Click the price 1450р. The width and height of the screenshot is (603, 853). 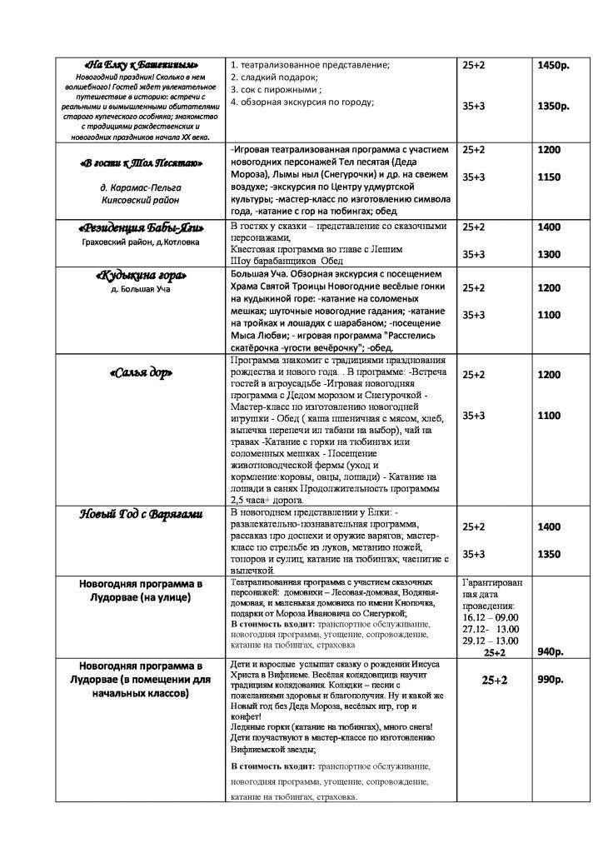click(554, 65)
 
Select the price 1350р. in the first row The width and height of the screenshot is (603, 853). click(554, 107)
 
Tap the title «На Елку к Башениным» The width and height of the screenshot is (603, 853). click(142, 65)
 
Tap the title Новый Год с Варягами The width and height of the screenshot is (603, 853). click(141, 514)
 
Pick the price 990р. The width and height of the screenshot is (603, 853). click(551, 681)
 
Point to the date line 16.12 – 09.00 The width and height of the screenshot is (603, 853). click(494, 617)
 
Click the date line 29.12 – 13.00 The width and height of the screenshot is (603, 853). click(494, 641)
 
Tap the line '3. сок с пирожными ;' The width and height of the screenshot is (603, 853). click(276, 90)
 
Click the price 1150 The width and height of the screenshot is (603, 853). click(549, 177)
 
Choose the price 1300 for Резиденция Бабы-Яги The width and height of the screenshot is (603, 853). click(549, 254)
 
